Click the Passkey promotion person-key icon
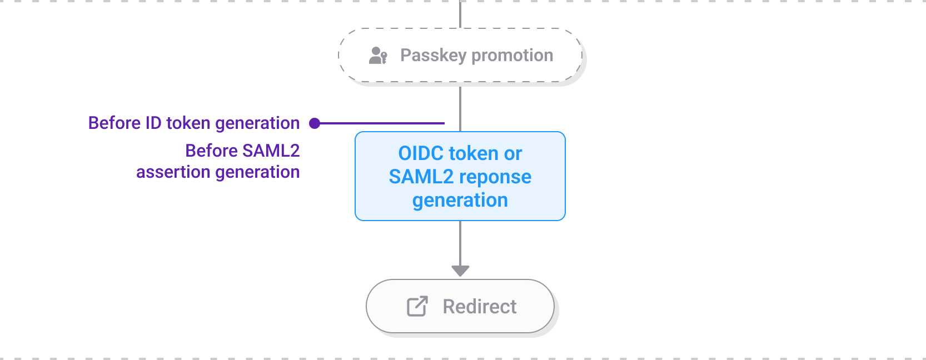click(378, 56)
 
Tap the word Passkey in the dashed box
click(433, 56)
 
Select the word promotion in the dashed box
click(512, 56)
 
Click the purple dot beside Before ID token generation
click(315, 123)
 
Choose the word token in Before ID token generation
click(188, 123)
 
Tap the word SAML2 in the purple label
click(271, 151)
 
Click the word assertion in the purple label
click(173, 172)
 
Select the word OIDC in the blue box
click(422, 153)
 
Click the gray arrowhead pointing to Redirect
click(460, 271)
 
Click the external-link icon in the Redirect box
click(417, 306)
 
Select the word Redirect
click(480, 307)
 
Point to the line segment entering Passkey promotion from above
click(460, 14)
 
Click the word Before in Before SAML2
click(211, 151)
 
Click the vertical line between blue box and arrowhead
click(460, 243)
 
